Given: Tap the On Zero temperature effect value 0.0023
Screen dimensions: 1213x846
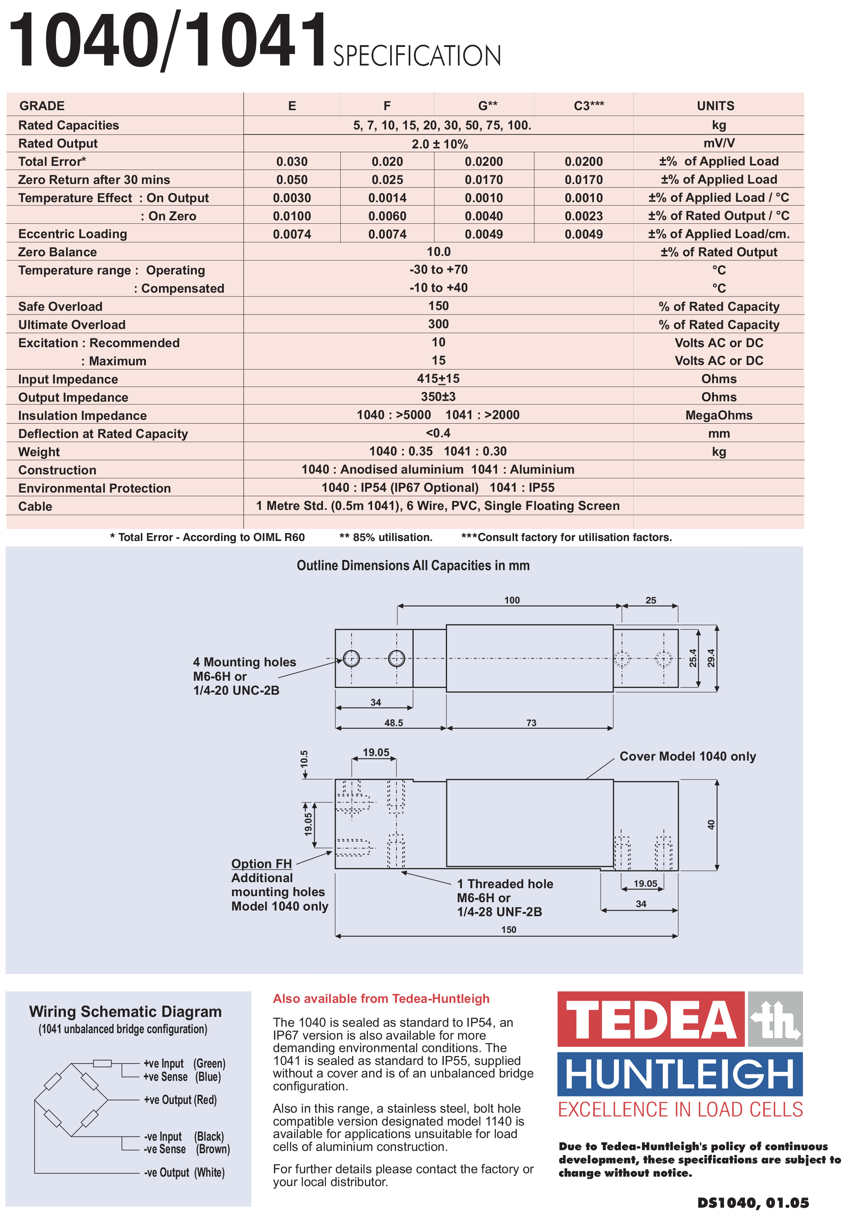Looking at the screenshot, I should point(584,216).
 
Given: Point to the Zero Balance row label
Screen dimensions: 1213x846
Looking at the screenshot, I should point(58,252).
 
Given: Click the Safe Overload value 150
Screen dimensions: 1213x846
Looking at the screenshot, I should point(438,306).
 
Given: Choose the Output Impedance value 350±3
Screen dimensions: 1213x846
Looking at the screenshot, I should point(438,397).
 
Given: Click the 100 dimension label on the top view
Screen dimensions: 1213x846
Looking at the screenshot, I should point(512,600).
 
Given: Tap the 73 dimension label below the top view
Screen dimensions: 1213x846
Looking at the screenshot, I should point(531,723).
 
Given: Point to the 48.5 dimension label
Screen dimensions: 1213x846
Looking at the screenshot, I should point(393,723).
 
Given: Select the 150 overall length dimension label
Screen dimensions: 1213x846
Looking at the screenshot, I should point(509,929).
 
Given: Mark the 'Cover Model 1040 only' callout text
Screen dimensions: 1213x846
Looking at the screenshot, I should point(687,756).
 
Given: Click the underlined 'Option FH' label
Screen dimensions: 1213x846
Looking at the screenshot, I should point(262,863).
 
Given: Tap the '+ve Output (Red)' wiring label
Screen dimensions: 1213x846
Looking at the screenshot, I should point(180,1100).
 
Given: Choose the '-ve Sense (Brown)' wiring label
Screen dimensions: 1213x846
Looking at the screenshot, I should point(186,1149).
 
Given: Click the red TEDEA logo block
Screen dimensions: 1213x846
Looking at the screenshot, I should point(651,1020).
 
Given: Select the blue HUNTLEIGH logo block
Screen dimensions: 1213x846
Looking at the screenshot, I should point(680,1074).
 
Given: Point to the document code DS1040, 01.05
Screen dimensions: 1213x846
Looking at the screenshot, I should point(753,1203).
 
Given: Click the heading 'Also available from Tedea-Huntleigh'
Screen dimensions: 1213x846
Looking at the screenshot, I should point(381,998).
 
